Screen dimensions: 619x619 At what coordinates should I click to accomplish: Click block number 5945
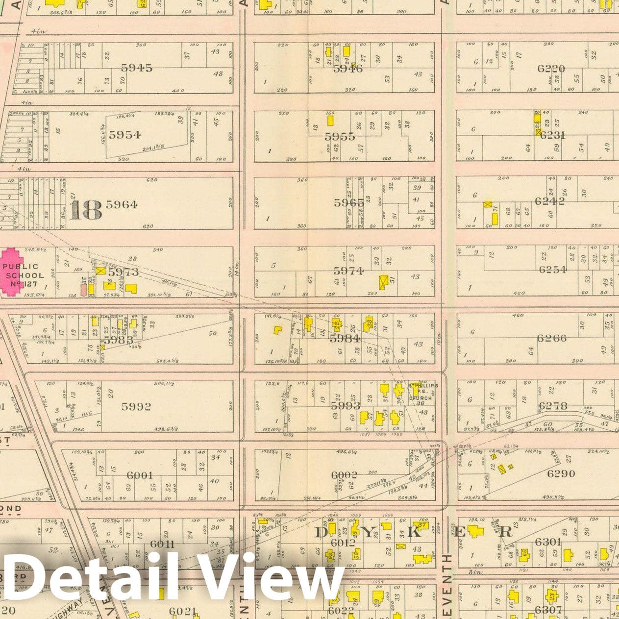coord(137,68)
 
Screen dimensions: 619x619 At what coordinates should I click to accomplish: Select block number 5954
coord(124,135)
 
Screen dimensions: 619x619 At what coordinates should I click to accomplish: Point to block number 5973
coord(124,272)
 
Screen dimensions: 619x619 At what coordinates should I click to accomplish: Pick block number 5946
coord(348,69)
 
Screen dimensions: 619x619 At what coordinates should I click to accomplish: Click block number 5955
coord(340,137)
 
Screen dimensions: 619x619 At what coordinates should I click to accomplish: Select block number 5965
coord(349,202)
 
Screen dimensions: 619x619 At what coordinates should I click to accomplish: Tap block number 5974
coord(348,271)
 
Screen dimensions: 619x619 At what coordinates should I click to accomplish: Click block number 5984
coord(345,338)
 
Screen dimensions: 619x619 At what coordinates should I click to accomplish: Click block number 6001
coord(140,475)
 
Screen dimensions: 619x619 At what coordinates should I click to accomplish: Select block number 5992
coord(136,406)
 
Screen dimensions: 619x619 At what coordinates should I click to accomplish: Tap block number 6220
coord(551,69)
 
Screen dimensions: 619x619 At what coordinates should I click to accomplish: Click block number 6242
coord(550,200)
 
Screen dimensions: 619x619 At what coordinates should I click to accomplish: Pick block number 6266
coord(551,338)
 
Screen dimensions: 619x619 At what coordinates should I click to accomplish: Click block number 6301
coord(548,542)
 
